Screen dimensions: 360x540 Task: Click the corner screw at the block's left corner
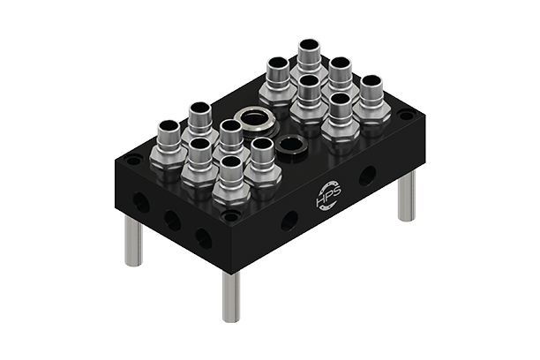click(133, 161)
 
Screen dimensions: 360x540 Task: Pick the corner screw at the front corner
click(231, 215)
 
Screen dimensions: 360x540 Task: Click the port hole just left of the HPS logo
click(289, 220)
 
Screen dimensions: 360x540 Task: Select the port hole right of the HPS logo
click(366, 176)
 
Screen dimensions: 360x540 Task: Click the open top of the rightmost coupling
click(371, 82)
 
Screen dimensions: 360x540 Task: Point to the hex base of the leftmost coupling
click(167, 158)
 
